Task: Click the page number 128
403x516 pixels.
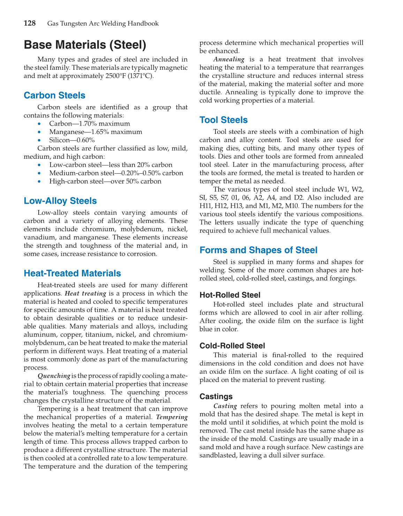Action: [x=30, y=23]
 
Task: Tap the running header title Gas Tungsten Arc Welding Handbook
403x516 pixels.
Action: [x=103, y=23]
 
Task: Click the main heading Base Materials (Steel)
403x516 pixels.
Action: [x=85, y=45]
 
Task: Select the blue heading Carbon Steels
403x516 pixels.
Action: [x=54, y=96]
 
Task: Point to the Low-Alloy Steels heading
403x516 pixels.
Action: [x=60, y=201]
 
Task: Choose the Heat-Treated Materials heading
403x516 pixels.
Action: [x=72, y=274]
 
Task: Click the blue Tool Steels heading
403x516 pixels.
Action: [x=223, y=120]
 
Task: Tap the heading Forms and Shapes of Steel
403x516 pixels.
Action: [x=258, y=250]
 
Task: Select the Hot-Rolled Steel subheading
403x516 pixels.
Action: [x=230, y=295]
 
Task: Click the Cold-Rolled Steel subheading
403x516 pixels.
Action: [x=232, y=346]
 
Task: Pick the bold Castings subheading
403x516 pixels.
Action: [x=216, y=397]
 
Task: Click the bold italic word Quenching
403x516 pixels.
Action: [x=54, y=376]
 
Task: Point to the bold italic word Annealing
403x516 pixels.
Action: [x=229, y=59]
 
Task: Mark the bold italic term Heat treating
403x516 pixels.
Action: [x=85, y=293]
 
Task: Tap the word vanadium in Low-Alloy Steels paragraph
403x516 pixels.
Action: [x=38, y=237]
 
